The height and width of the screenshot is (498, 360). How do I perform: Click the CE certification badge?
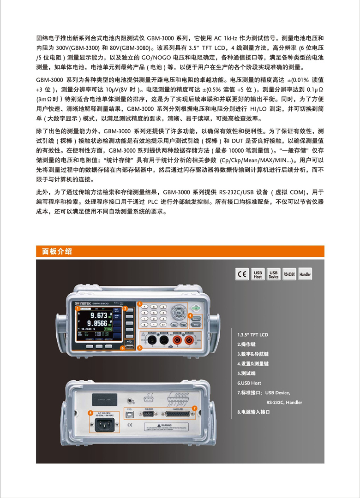242,274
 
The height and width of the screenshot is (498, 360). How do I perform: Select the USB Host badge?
258,274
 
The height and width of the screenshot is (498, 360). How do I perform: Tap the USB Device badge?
273,274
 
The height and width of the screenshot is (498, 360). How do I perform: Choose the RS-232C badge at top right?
289,274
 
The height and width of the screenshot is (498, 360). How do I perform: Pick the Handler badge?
305,274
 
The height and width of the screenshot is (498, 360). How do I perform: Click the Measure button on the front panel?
195,318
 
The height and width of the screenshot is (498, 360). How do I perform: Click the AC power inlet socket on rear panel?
104,427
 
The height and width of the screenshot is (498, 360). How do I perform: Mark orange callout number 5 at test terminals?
139,348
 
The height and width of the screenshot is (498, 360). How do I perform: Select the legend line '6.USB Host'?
249,383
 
